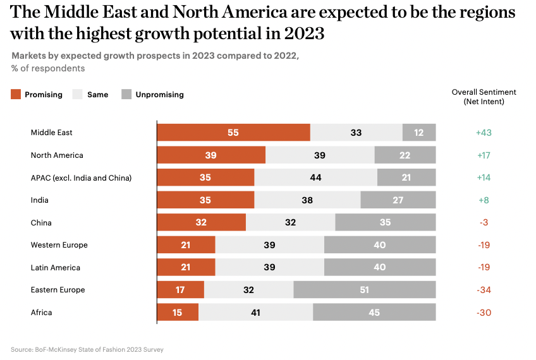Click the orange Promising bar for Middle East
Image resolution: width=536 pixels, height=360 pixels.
pyautogui.click(x=233, y=133)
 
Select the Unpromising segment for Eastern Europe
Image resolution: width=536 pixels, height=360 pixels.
pyautogui.click(x=365, y=290)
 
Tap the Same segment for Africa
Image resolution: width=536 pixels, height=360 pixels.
pyautogui.click(x=255, y=313)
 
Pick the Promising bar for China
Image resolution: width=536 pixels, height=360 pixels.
pyautogui.click(x=201, y=222)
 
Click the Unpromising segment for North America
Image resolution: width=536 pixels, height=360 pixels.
pyautogui.click(x=405, y=155)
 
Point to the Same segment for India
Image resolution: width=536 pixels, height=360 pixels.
pyautogui.click(x=307, y=200)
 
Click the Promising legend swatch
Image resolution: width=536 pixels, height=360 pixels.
pyautogui.click(x=16, y=95)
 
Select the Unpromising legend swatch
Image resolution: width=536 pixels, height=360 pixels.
pyautogui.click(x=126, y=95)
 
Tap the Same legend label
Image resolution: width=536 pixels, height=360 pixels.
pyautogui.click(x=97, y=95)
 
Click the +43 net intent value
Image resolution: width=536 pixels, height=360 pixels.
pyautogui.click(x=484, y=133)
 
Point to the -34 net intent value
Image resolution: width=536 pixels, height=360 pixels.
pyautogui.click(x=484, y=290)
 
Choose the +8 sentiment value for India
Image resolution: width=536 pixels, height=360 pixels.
pyautogui.click(x=484, y=200)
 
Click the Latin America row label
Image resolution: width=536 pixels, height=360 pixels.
pyautogui.click(x=56, y=268)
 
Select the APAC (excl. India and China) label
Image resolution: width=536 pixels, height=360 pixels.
pyautogui.click(x=81, y=178)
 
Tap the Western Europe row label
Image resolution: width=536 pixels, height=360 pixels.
pyautogui.click(x=59, y=245)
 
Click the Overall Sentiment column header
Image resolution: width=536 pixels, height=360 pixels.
pyautogui.click(x=484, y=96)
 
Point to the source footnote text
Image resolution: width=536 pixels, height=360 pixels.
pyautogui.click(x=87, y=349)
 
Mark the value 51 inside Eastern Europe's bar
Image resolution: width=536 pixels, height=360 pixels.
pyautogui.click(x=365, y=290)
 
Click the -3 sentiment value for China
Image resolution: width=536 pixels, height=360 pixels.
pyautogui.click(x=484, y=222)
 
